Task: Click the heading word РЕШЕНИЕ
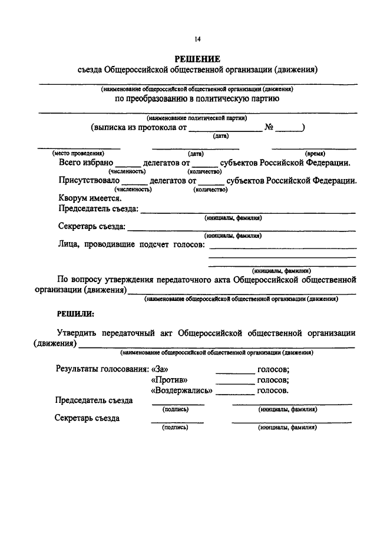click(x=197, y=59)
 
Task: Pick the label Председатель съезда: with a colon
click(x=98, y=209)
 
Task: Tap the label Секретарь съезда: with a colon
click(x=92, y=226)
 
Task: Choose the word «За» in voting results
click(x=160, y=369)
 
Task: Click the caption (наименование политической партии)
click(x=197, y=117)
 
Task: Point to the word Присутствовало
click(x=89, y=180)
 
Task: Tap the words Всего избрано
click(x=85, y=162)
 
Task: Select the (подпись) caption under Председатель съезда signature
click(x=175, y=409)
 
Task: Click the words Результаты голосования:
click(x=101, y=369)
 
